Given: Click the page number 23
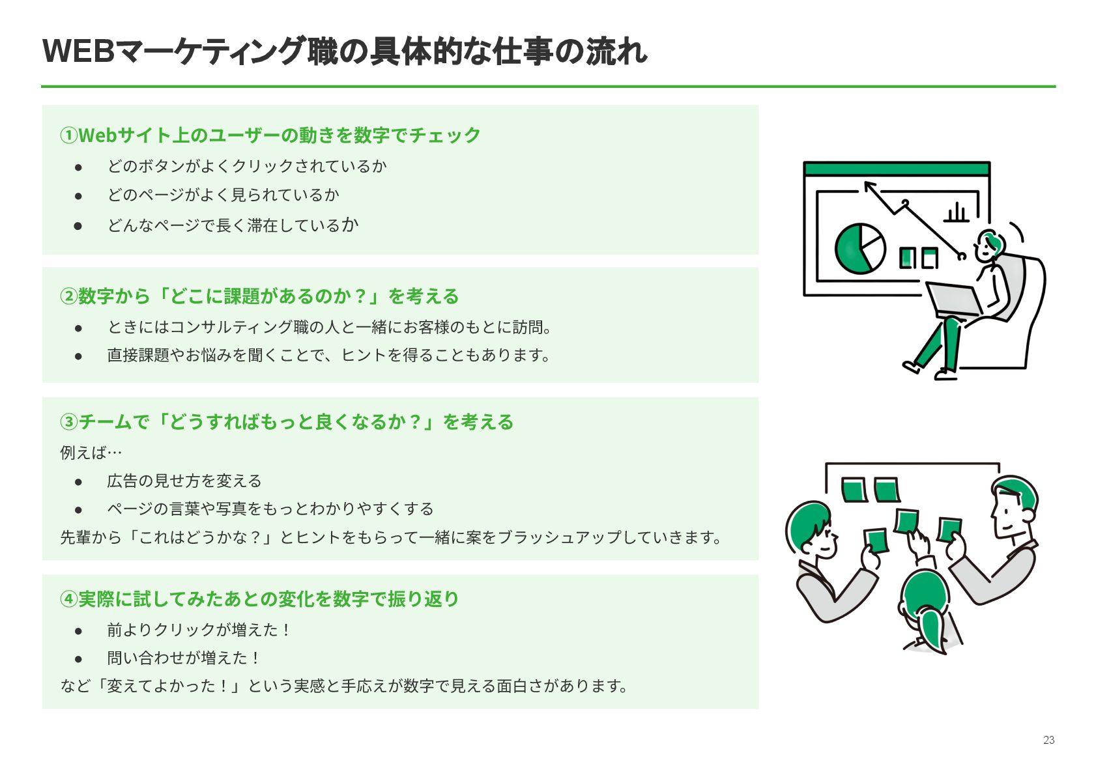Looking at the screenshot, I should coord(1048,740).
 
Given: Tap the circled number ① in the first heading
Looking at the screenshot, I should coord(68,135).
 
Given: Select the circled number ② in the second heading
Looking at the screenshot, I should coord(68,296).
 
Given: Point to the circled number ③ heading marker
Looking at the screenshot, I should coord(68,422).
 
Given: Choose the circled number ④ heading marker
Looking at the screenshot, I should coord(68,599).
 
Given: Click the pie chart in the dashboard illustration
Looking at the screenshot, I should coord(859,248).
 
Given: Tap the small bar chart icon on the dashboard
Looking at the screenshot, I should coord(957,212).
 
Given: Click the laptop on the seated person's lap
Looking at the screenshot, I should coord(954,300).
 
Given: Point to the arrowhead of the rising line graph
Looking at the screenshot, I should coord(869,186).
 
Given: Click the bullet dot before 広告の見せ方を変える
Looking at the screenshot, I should coord(78,482).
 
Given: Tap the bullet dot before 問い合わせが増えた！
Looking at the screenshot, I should coord(78,658).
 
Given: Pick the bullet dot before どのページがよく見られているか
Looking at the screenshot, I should coord(78,195).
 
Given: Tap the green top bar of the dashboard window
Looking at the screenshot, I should coord(897,169).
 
